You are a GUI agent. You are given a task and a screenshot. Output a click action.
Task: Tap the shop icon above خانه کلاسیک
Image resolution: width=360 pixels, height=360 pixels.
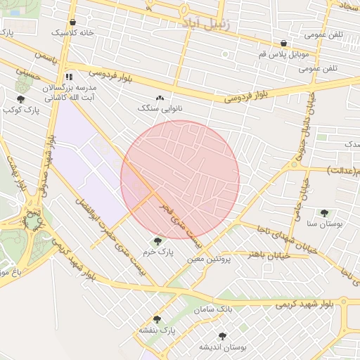[x=74, y=22]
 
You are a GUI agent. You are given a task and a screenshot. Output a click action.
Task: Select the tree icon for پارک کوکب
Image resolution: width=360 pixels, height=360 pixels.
[x=20, y=100]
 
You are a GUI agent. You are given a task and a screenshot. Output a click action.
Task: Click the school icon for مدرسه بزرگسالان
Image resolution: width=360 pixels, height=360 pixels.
[x=68, y=77]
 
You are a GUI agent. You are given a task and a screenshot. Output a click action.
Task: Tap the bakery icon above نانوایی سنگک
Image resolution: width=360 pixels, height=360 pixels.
[x=160, y=98]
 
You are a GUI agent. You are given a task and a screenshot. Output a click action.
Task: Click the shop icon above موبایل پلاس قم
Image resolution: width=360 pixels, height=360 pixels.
[x=283, y=43]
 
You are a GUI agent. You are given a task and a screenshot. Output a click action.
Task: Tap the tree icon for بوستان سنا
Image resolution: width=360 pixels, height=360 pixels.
[x=324, y=213]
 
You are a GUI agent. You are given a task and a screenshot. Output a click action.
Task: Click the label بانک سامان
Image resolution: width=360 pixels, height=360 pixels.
[x=215, y=309]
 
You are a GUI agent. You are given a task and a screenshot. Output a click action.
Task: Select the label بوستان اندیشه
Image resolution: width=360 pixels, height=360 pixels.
[x=222, y=347]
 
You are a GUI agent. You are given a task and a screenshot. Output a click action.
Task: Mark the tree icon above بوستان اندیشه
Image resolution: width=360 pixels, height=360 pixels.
[x=222, y=336]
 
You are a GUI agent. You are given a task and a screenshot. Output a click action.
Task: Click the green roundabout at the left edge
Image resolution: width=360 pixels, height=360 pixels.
[x=32, y=221]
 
